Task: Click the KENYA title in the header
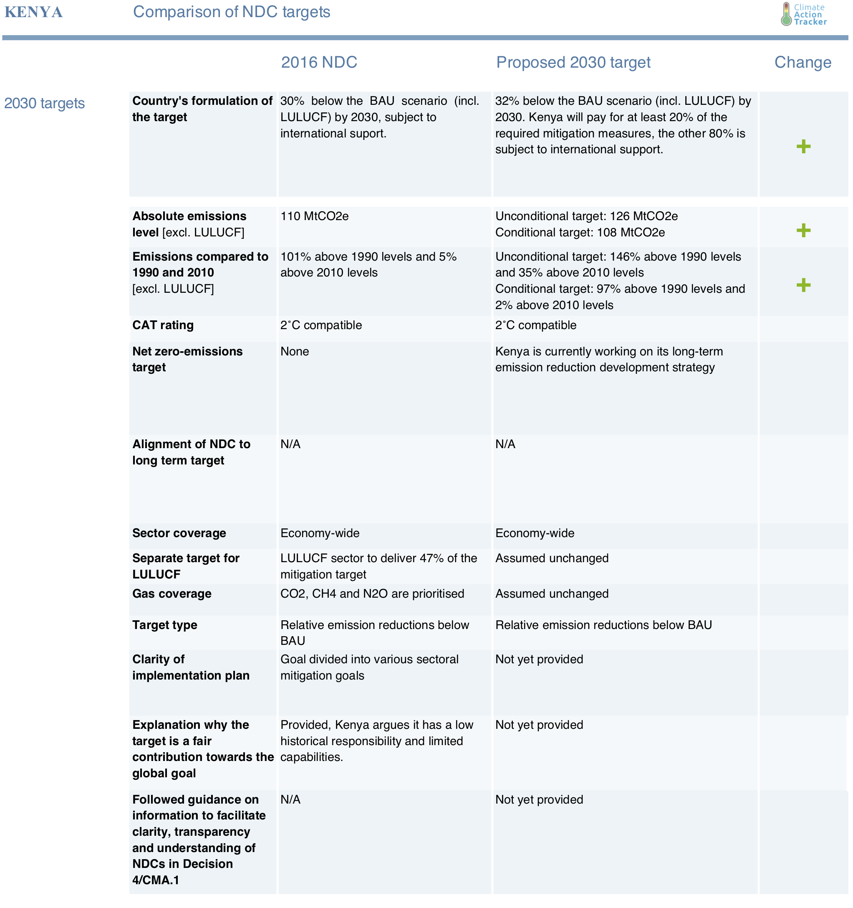33,13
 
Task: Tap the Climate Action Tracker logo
804,14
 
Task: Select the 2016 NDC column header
318,63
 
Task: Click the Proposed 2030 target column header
573,63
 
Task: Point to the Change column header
803,63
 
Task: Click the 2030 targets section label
44,104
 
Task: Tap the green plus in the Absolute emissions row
803,231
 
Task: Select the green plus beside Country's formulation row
803,147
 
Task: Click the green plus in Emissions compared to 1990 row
803,285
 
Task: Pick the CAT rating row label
163,325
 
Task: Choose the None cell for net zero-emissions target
294,352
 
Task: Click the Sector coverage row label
179,533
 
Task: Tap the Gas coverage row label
172,594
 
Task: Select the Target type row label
165,625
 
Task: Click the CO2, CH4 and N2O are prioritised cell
372,594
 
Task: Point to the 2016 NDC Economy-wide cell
320,533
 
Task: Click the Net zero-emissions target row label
187,360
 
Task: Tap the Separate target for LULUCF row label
186,566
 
